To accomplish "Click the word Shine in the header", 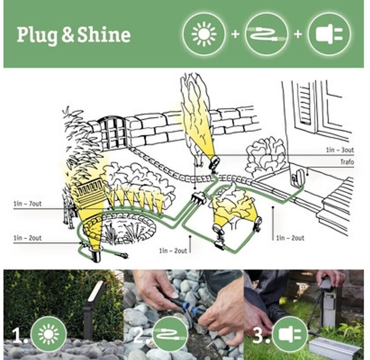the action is point(104,35).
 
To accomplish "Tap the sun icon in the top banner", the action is point(204,34).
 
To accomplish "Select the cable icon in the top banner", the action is point(267,34).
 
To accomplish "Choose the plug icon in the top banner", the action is point(329,34).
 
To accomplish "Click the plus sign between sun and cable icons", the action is point(235,34).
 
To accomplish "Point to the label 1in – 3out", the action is point(340,150).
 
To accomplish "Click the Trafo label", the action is point(347,162).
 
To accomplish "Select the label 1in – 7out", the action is point(27,204).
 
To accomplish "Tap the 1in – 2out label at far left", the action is point(27,238).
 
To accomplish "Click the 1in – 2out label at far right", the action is point(290,238).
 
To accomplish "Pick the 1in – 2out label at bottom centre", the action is point(173,251).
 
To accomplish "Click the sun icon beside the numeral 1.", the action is point(48,335).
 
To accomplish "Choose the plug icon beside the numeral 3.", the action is point(290,335).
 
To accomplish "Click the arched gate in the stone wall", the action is point(113,132).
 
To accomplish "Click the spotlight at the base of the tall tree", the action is point(213,162).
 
